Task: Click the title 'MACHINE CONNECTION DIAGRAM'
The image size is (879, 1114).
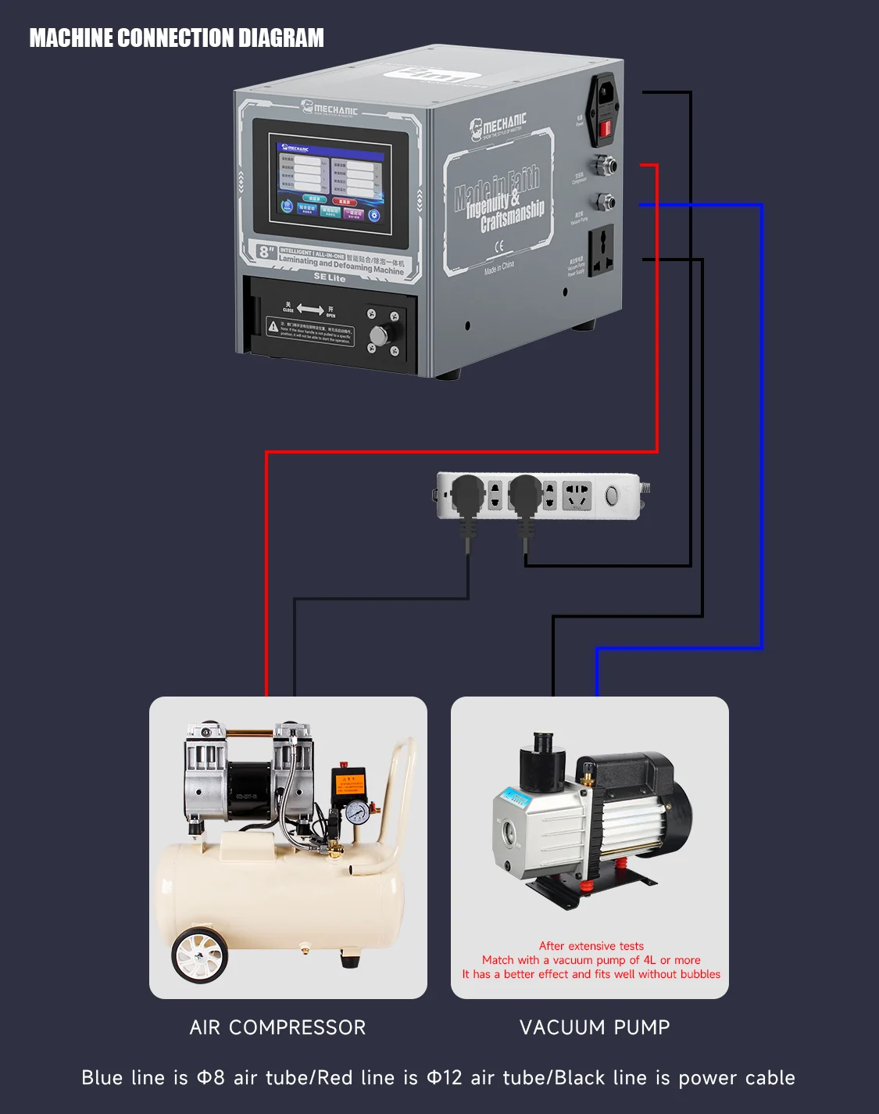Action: pos(177,38)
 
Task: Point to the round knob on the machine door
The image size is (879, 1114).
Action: pos(378,335)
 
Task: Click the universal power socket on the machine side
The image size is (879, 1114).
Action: pos(601,250)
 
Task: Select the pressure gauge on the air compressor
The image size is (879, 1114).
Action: pos(357,812)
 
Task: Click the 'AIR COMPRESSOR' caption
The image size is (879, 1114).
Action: pos(277,1027)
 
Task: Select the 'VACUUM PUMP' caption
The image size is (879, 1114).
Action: pos(595,1027)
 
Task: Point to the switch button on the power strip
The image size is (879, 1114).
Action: pos(612,495)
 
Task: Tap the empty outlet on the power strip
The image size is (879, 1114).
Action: pos(577,496)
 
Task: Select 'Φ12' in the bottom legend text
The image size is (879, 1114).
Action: pos(445,1078)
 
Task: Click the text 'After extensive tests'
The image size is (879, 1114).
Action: pos(591,946)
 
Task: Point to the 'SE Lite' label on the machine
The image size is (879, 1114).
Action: pos(329,278)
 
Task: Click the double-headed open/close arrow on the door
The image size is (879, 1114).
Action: pos(309,310)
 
